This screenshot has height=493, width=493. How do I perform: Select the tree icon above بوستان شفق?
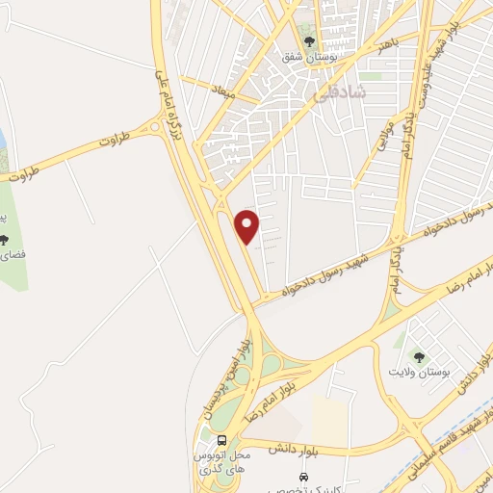click(309, 40)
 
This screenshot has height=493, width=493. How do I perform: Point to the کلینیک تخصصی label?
click(304, 489)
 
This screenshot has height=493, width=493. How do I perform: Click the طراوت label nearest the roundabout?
click(85, 146)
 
